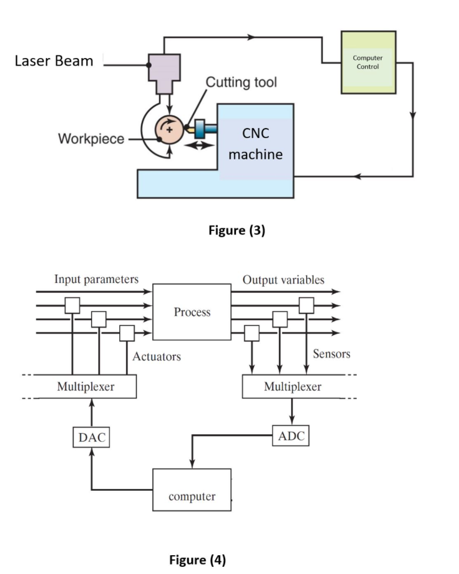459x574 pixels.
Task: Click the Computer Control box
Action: point(368,62)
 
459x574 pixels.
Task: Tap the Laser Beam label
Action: point(54,61)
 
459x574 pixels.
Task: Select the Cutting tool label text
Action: point(241,82)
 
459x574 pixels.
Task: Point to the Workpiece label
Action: point(91,139)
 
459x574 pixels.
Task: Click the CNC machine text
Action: point(255,144)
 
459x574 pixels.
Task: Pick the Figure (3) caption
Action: point(237,231)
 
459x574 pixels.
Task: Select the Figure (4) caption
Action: point(197,560)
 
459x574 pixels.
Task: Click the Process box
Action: point(192,312)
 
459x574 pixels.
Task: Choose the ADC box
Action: point(291,435)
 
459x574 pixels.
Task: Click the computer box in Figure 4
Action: point(191,489)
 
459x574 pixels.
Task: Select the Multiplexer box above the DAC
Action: point(86,387)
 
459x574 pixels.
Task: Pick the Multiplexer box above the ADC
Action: point(292,387)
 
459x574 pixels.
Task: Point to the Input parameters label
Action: point(96,280)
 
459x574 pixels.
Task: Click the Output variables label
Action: point(284,280)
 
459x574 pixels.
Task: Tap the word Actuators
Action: point(157,356)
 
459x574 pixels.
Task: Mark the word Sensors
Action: point(332,354)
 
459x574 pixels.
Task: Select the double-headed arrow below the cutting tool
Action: point(198,145)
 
